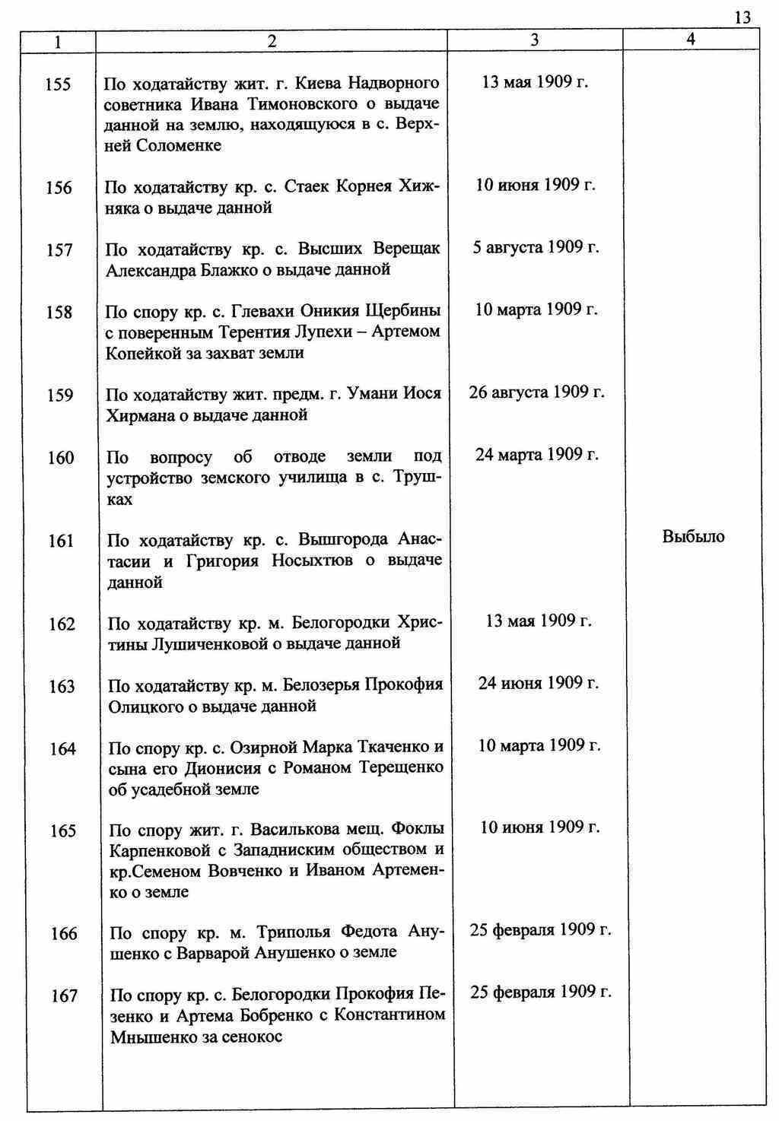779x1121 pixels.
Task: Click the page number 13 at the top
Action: (742, 17)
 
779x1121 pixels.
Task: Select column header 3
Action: (535, 40)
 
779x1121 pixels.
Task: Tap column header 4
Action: (691, 40)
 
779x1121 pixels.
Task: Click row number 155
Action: (59, 84)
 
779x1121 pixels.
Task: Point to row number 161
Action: (61, 541)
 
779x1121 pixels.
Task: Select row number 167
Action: (64, 996)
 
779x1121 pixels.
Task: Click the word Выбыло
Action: (693, 537)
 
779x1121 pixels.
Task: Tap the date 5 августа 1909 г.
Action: (536, 247)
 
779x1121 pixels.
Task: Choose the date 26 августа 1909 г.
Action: (536, 392)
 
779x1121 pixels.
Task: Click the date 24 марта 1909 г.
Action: (536, 455)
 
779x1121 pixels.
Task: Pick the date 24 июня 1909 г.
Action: (538, 683)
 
